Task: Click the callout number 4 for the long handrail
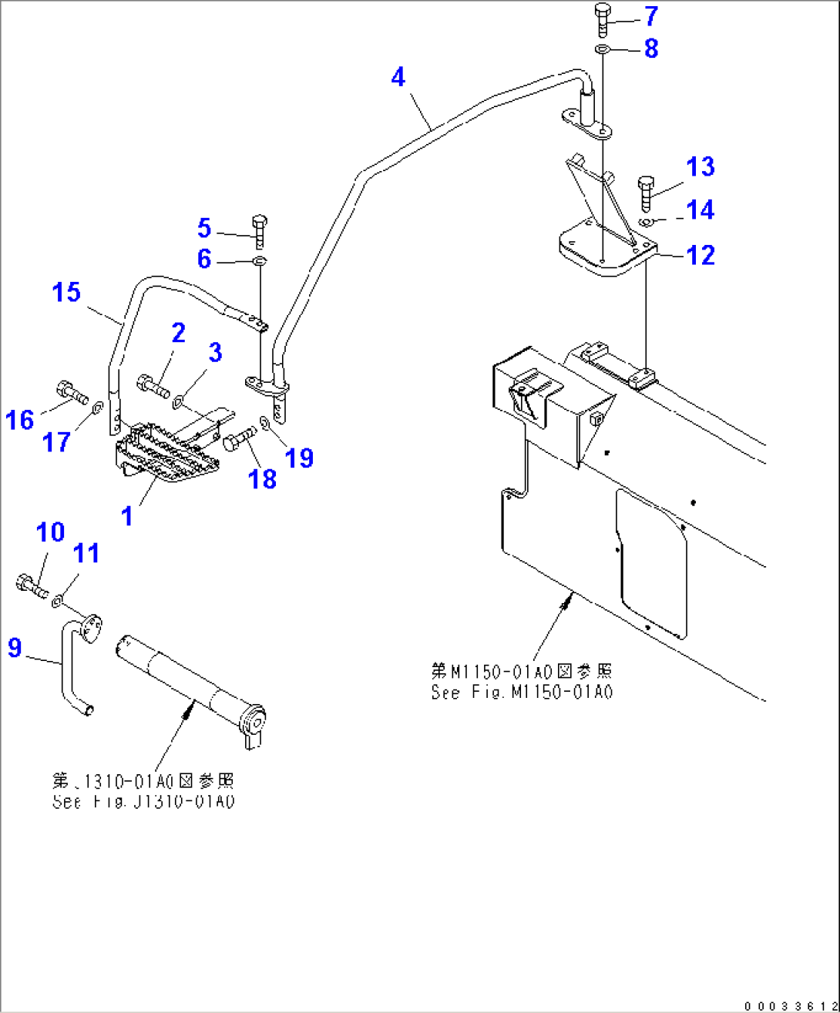click(398, 77)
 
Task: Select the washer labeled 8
click(603, 50)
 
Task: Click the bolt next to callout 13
click(646, 192)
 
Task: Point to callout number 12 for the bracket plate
click(700, 255)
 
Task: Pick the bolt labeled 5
click(259, 228)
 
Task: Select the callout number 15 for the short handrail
click(66, 292)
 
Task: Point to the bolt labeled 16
click(69, 391)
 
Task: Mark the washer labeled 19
click(265, 422)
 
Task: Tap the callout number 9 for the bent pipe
click(15, 647)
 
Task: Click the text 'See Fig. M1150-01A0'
click(522, 692)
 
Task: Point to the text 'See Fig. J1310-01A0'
click(143, 802)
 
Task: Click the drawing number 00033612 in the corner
click(789, 1005)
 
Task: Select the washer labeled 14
click(648, 222)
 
